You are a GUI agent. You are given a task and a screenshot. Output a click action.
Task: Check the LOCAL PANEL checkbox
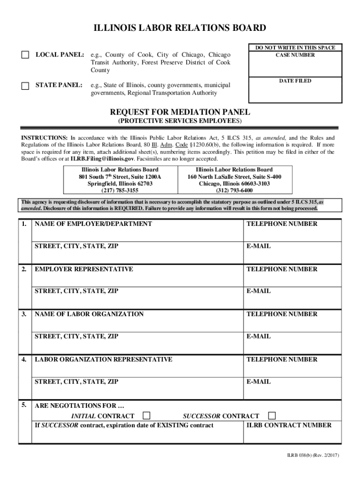tap(25, 55)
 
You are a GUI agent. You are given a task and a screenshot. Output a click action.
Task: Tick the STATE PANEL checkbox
tap(25, 86)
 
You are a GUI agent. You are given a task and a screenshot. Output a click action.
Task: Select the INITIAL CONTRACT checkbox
tap(147, 416)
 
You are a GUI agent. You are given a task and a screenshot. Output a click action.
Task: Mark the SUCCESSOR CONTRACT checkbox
tap(272, 416)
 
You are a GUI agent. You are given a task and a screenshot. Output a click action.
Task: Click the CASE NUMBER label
tap(295, 55)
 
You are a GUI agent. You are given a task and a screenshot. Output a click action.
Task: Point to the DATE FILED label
tap(295, 81)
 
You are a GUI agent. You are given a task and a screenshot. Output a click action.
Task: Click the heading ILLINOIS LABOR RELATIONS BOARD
tap(180, 29)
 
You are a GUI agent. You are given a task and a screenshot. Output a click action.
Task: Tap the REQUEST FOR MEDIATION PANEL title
tap(180, 112)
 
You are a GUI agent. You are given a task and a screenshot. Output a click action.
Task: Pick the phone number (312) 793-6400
tap(234, 190)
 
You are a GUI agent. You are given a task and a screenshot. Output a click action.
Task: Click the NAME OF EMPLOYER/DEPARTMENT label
tap(93, 224)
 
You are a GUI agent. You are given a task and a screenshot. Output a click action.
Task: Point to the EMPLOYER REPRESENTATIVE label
tap(84, 269)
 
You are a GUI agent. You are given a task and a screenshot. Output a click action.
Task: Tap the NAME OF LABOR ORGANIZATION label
tap(89, 314)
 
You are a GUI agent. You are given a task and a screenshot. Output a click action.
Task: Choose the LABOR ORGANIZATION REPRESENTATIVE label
tap(103, 360)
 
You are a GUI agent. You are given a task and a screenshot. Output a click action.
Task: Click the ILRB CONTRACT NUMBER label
tap(289, 425)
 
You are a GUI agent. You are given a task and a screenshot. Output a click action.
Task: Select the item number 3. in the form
tap(23, 314)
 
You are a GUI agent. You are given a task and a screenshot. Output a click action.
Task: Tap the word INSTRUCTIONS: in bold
tap(44, 138)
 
